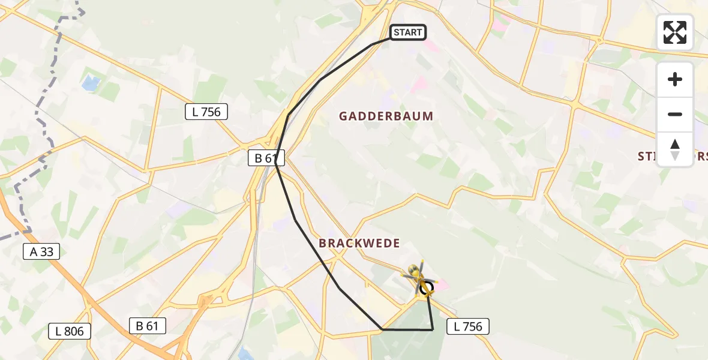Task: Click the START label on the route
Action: (x=408, y=32)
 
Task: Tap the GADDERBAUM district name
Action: (x=386, y=116)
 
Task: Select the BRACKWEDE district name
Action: (x=359, y=243)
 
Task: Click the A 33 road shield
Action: (x=41, y=252)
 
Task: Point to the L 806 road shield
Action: (x=70, y=331)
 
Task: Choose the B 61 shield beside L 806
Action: (x=147, y=326)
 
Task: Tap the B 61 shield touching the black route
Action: (x=266, y=158)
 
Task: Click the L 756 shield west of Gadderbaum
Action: (x=206, y=112)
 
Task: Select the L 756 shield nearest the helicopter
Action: (x=468, y=326)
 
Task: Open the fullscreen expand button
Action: (x=674, y=32)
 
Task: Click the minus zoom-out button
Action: (x=675, y=114)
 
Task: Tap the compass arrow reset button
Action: (x=675, y=149)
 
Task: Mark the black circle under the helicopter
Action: (x=426, y=289)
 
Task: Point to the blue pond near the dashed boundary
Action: (x=91, y=83)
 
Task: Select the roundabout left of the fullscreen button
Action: (x=599, y=41)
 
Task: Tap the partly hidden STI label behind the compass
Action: (x=646, y=157)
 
